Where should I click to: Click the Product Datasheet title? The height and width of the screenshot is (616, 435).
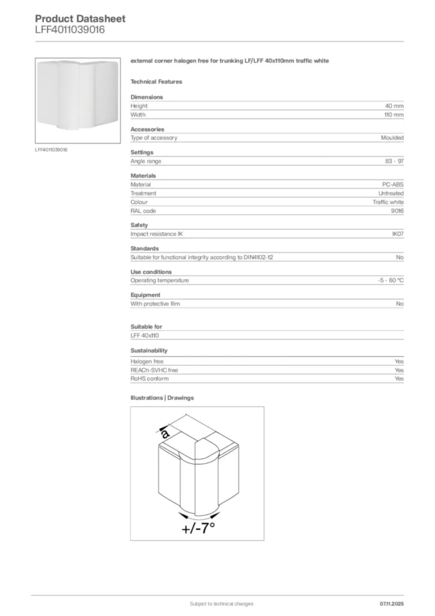point(80,19)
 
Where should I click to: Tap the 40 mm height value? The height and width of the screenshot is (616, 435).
point(394,106)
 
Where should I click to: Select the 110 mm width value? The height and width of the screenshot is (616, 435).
point(394,114)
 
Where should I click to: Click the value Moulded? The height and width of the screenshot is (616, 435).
point(392,138)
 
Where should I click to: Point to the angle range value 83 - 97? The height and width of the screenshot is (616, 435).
point(394,161)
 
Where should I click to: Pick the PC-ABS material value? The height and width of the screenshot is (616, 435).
point(393,185)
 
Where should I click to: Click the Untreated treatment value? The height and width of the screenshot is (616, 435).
point(391,193)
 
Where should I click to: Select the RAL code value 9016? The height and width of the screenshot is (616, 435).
point(397,211)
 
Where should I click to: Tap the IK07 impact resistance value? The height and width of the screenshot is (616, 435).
point(397,234)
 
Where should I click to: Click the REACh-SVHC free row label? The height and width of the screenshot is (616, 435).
point(154,370)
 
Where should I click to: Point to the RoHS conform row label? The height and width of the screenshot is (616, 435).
point(150,379)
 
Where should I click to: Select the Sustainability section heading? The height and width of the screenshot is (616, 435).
point(149,350)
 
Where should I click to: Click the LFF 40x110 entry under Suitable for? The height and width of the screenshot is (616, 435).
point(145,336)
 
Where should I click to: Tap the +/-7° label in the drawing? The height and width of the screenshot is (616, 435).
point(198,529)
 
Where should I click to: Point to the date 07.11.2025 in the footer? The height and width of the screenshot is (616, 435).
point(392,603)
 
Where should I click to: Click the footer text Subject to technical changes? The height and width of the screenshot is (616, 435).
point(221,603)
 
